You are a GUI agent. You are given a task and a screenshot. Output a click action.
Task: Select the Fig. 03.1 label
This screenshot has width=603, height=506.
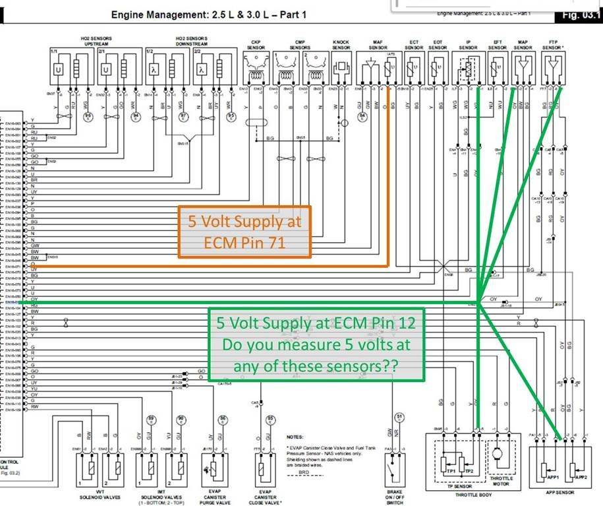point(581,15)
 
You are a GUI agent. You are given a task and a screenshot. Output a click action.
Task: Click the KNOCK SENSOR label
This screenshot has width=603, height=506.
point(341,44)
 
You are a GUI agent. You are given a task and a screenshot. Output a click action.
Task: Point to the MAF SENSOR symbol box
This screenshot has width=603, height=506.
point(378,69)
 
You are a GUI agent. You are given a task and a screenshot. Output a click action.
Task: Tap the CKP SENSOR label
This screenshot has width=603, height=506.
point(256,44)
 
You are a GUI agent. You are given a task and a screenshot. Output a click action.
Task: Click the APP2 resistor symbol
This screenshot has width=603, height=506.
point(581,469)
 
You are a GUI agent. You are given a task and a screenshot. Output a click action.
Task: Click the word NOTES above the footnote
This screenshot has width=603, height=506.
point(296,436)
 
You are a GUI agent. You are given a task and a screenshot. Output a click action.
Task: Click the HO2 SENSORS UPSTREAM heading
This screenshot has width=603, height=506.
point(82,41)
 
